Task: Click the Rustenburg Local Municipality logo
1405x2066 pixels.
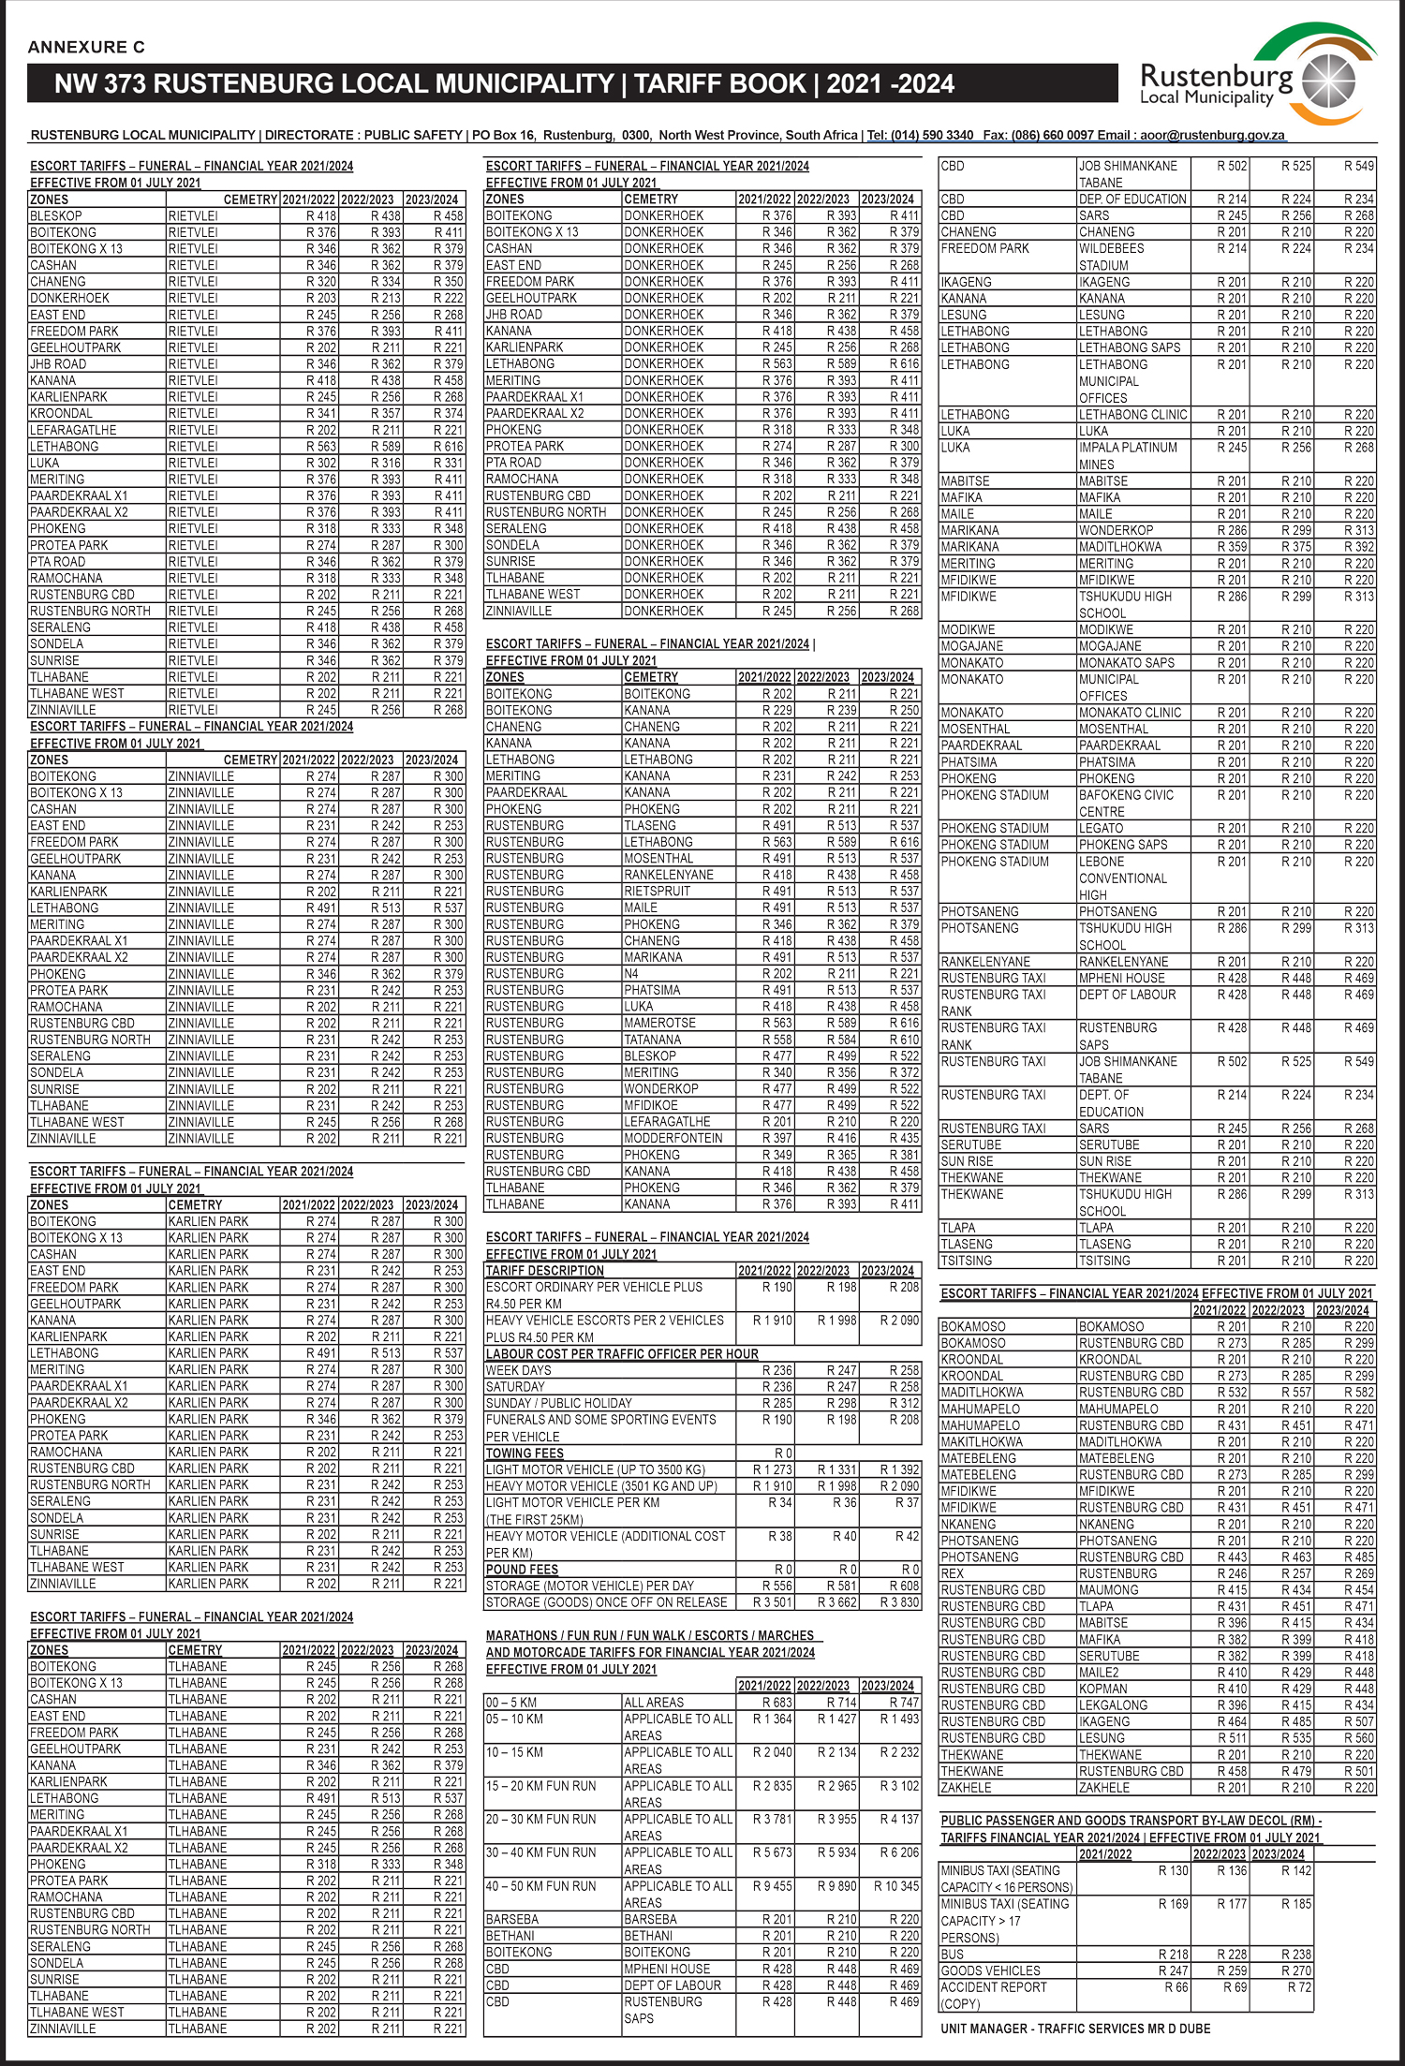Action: click(1255, 80)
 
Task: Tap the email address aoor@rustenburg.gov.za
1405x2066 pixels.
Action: click(1212, 135)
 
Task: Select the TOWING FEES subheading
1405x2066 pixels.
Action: click(525, 1453)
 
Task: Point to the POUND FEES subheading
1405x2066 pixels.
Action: click(522, 1569)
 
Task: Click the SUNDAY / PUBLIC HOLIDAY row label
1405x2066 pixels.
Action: click(558, 1403)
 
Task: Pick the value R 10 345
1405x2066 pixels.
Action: click(896, 1885)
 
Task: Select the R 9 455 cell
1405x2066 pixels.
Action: click(772, 1885)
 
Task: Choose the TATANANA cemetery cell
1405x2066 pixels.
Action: click(652, 1040)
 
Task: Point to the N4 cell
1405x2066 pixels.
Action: click(632, 973)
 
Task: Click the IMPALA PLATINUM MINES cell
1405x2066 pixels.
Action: click(1128, 455)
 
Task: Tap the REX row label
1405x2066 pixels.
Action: click(952, 1573)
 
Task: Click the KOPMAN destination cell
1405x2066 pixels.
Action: click(1102, 1689)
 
